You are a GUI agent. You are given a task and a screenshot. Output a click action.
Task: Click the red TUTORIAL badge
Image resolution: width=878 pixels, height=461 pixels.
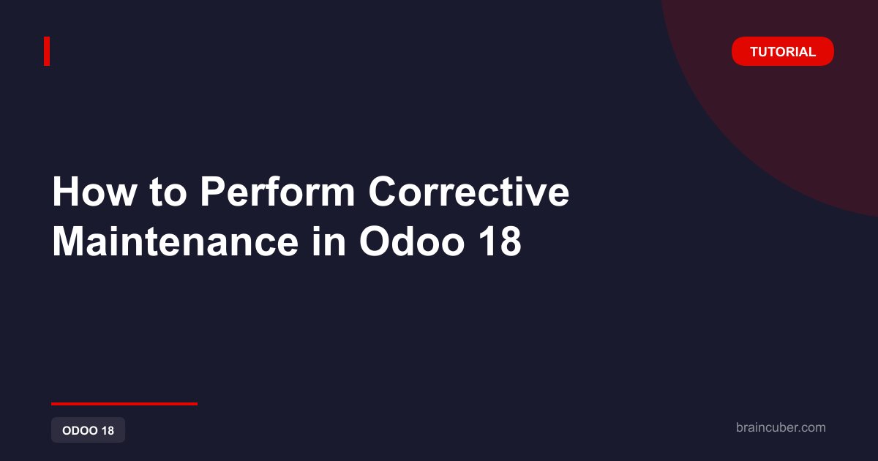pyautogui.click(x=782, y=51)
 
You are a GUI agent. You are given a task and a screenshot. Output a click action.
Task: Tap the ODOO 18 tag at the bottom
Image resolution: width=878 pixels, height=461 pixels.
pyautogui.click(x=89, y=430)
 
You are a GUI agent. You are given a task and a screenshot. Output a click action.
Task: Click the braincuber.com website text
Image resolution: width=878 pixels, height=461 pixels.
pyautogui.click(x=781, y=427)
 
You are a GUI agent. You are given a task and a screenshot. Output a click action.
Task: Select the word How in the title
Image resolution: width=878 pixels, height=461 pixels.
pyautogui.click(x=94, y=192)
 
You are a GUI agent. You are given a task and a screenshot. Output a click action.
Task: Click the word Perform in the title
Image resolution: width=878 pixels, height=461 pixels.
pyautogui.click(x=277, y=192)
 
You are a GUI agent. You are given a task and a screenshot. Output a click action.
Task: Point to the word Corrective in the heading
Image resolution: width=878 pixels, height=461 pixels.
pyautogui.click(x=469, y=192)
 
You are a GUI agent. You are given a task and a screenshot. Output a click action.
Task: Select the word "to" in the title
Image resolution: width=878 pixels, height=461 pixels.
pyautogui.click(x=168, y=193)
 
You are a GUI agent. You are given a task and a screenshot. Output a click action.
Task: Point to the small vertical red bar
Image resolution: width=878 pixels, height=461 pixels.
pyautogui.click(x=47, y=51)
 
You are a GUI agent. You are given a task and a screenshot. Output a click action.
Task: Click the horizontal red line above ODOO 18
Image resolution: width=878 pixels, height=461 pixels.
pyautogui.click(x=124, y=404)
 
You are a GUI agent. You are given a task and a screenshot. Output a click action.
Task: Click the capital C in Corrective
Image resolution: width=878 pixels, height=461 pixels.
pyautogui.click(x=383, y=192)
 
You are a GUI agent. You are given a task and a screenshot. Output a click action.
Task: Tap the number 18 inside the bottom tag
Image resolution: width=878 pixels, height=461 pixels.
pyautogui.click(x=108, y=430)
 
